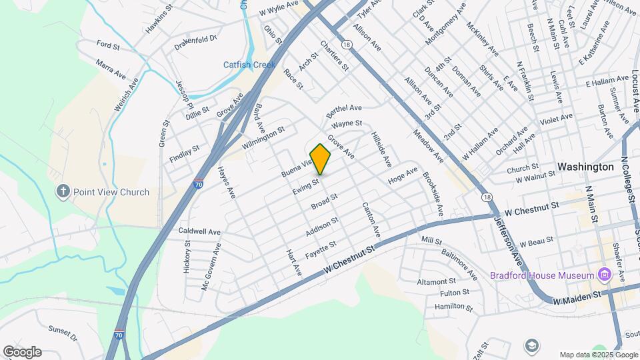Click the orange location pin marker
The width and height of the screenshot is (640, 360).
tap(320, 159)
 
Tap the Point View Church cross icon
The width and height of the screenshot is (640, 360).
tap(63, 192)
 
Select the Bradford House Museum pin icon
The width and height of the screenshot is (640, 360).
tap(604, 275)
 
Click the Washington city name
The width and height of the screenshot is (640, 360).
tap(585, 167)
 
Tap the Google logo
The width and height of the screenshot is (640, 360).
tap(22, 352)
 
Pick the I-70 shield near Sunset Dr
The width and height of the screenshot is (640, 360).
tap(119, 335)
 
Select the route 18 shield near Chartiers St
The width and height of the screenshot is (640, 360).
tap(345, 44)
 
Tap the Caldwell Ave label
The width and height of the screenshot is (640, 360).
tap(199, 231)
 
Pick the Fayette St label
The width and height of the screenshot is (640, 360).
tap(321, 249)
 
